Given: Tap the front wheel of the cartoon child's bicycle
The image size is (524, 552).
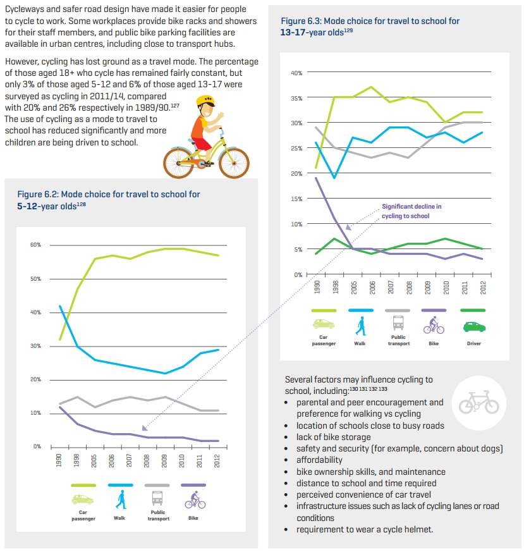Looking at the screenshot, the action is (234, 163).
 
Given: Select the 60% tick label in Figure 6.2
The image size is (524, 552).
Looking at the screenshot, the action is (35, 245).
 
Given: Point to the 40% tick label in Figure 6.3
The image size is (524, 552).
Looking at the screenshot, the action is (296, 73).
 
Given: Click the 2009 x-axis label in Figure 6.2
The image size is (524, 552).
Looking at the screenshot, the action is (164, 461).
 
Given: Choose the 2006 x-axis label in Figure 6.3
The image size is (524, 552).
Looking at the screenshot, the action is (372, 288).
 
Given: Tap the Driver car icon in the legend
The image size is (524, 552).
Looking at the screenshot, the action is (474, 327).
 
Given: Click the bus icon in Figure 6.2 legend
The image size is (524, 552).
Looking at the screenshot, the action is (157, 498).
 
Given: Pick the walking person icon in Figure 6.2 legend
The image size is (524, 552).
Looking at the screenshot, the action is (121, 499).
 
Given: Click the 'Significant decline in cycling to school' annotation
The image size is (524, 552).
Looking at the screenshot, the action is (411, 211).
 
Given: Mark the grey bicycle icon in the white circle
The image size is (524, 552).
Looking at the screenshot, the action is (479, 402).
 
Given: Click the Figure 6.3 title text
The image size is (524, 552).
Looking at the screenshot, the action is (370, 27).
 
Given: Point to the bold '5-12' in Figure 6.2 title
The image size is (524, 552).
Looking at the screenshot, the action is (27, 206).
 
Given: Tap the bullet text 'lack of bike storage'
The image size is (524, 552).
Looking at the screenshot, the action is (333, 437).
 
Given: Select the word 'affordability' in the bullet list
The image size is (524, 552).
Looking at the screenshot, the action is (319, 460).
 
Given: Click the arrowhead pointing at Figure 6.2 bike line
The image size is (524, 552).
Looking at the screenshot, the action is (144, 427).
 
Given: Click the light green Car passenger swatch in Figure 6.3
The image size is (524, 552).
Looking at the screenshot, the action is (324, 310).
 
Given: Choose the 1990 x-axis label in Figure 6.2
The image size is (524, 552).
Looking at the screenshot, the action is (59, 461).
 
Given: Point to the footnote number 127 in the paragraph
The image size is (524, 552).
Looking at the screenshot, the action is (175, 105).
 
